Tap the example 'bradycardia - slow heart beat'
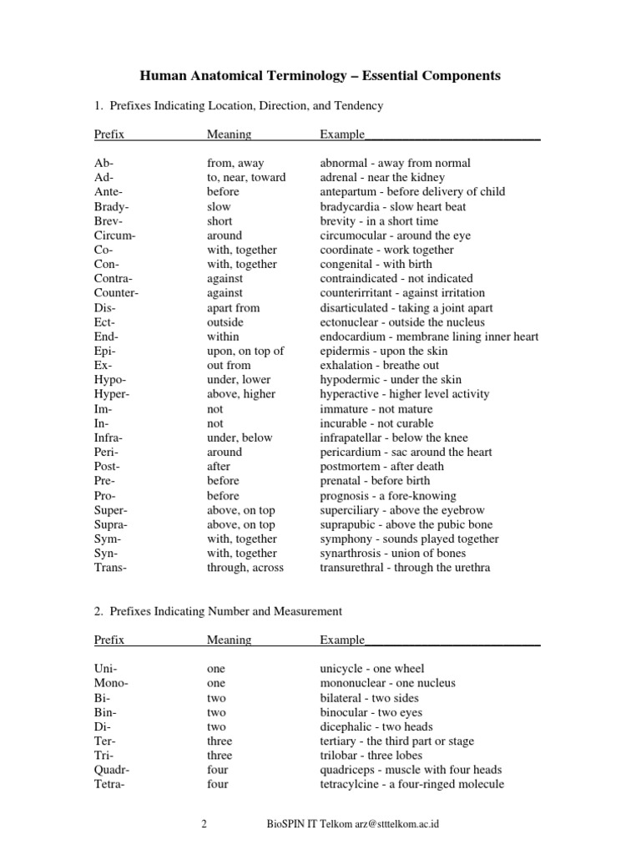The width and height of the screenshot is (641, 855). [x=393, y=206]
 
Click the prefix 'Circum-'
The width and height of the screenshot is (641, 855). [x=115, y=235]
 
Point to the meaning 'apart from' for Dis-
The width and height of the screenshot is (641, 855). [x=233, y=307]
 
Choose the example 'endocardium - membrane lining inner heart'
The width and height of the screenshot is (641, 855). [x=429, y=336]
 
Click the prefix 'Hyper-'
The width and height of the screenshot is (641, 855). [x=113, y=394]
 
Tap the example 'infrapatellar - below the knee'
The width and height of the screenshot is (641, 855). [x=394, y=438]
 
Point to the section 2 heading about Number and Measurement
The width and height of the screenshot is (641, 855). [x=218, y=611]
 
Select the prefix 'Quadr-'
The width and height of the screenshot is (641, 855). [x=113, y=770]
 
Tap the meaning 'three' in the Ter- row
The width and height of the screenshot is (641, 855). [x=220, y=741]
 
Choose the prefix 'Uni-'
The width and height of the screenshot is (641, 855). [x=107, y=669]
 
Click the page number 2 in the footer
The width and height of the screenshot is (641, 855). [x=204, y=824]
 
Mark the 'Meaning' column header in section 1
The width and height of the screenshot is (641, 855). [x=229, y=134]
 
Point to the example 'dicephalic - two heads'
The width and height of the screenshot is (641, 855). [x=376, y=726]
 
